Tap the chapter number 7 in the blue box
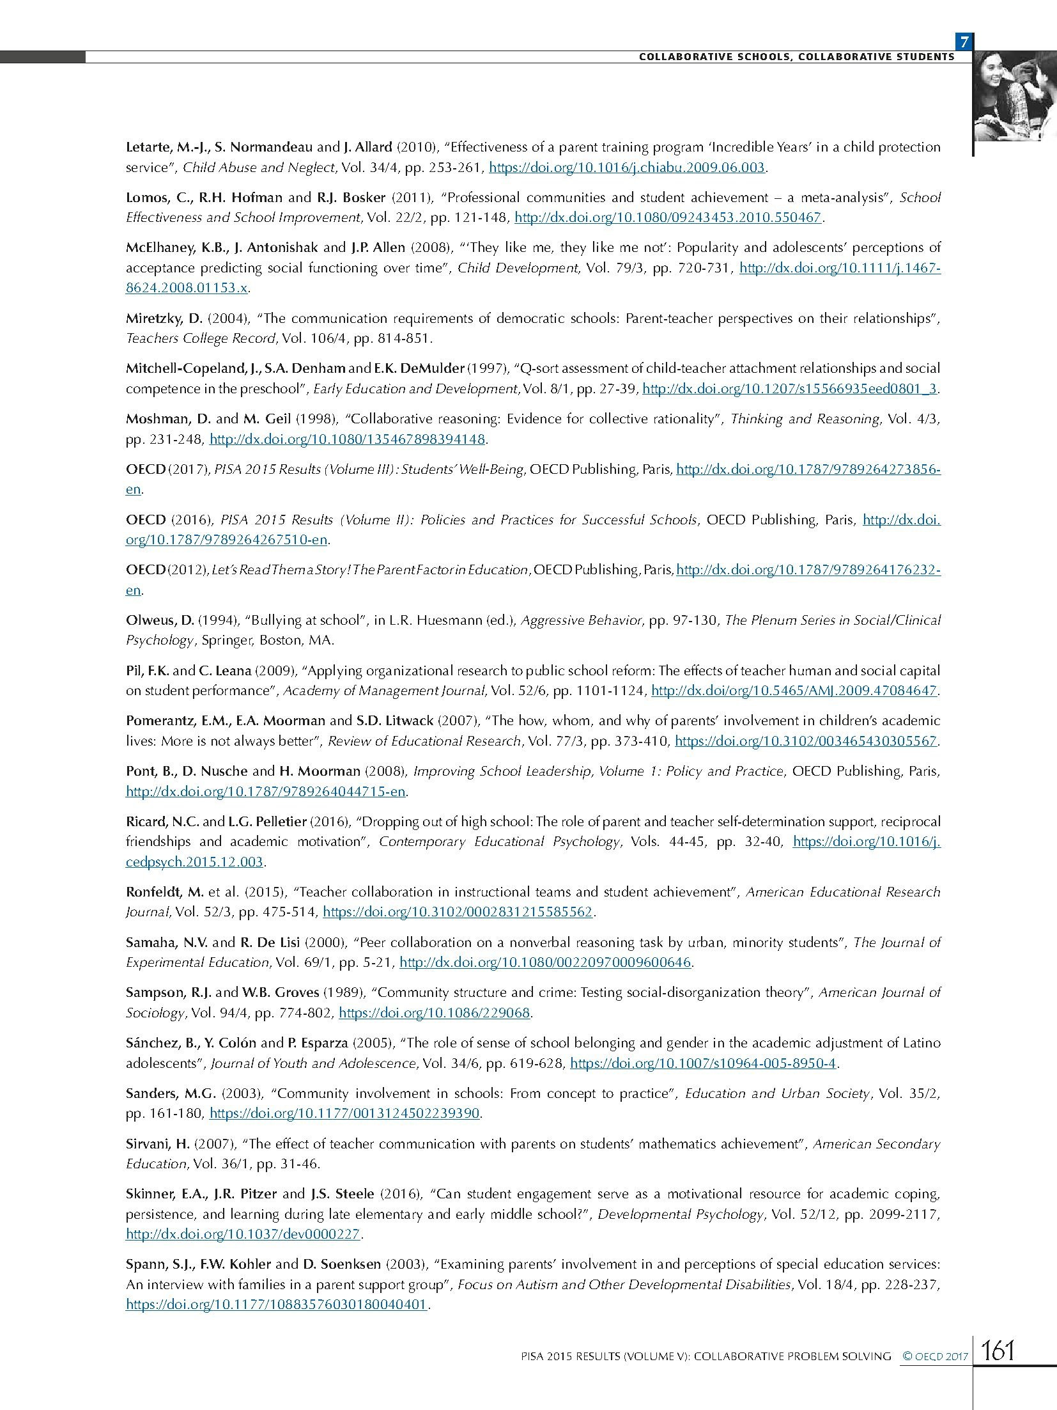(964, 42)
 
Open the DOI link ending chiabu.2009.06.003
(627, 168)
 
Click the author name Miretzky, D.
(164, 318)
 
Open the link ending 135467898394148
(348, 439)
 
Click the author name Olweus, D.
(160, 620)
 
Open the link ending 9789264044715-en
(266, 791)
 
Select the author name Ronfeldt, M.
(165, 891)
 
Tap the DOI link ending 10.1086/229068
(435, 1013)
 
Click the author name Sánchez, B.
(162, 1043)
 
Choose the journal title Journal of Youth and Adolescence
(313, 1063)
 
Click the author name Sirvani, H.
(157, 1144)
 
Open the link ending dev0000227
(243, 1234)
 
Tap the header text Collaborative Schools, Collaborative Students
(796, 57)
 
